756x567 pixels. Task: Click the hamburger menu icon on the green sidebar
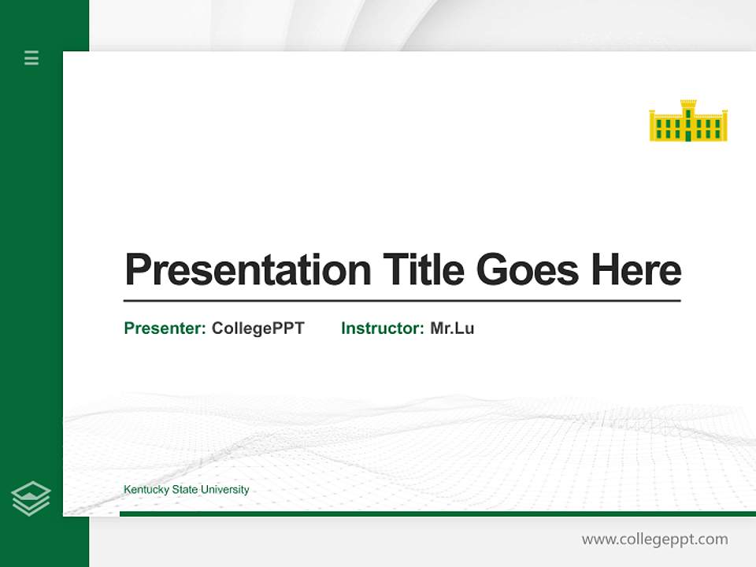(31, 57)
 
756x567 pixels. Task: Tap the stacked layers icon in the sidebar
(31, 498)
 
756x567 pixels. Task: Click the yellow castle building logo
(688, 121)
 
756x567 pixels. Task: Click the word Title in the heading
(423, 270)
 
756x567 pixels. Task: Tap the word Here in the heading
(636, 270)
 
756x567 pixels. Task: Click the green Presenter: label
(165, 328)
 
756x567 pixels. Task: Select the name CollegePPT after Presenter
(258, 328)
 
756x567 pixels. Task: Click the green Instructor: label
(382, 328)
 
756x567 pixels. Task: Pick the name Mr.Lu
(452, 328)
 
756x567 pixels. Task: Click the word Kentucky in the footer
(146, 490)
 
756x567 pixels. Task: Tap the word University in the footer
(224, 490)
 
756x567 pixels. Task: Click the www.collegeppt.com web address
(654, 539)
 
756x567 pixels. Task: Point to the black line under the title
(402, 300)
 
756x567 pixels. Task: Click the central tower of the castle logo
(688, 110)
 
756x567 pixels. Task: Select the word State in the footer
(184, 490)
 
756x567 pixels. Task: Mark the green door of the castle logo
(688, 135)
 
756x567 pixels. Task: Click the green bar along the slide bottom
(437, 513)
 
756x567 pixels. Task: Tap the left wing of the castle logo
(664, 127)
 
